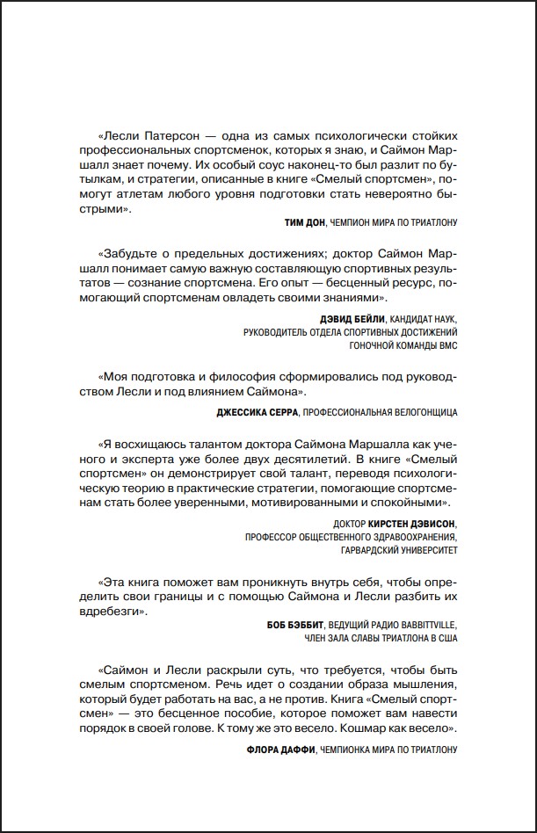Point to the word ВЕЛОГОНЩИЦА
click(x=418, y=411)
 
